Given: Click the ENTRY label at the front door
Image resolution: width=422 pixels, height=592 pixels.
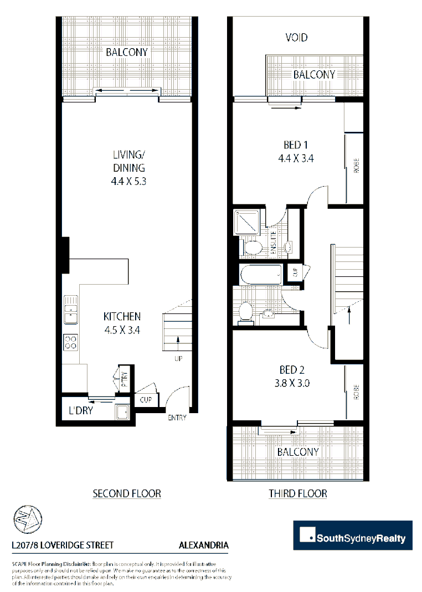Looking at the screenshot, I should click(177, 418).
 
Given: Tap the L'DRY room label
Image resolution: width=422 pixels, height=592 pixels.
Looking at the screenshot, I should click(80, 412).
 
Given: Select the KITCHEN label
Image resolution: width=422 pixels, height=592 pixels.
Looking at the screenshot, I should click(122, 317).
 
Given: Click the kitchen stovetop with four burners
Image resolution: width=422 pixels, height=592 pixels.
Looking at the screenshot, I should click(70, 342).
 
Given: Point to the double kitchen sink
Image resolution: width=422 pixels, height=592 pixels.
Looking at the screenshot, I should click(70, 310).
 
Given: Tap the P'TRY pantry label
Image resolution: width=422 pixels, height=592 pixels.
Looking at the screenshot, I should click(125, 378).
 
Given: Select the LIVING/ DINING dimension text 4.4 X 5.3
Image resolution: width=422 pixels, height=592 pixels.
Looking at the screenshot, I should click(129, 181).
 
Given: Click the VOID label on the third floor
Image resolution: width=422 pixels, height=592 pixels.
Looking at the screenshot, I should click(296, 38).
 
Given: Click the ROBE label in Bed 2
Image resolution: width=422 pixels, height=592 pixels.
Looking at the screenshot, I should click(356, 392).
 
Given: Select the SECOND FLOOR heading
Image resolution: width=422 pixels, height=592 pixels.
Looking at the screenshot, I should click(127, 493).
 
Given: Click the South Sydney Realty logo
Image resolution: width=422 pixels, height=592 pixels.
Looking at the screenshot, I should click(353, 536).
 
